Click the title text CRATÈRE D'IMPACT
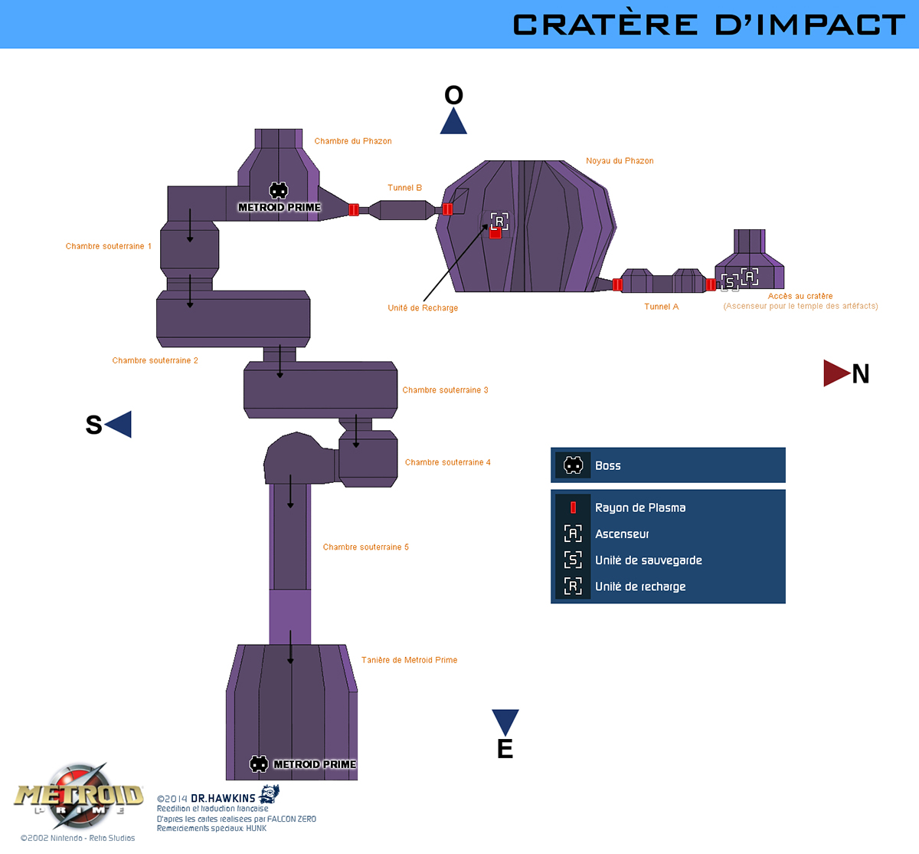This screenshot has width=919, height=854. coord(708,25)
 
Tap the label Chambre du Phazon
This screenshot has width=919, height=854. coord(353,141)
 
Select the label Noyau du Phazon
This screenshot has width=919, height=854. coord(620,161)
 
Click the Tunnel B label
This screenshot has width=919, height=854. coord(404,188)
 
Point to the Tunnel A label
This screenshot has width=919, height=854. coord(661,307)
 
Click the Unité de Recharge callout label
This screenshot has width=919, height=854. coord(423,308)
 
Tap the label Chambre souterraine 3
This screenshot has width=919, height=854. coord(445,390)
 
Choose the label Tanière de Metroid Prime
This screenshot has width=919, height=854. coord(409,660)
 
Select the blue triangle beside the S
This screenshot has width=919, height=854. coord(120,424)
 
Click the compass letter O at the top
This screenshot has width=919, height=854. coord(453,95)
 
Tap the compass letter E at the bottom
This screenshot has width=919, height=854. coord(505,749)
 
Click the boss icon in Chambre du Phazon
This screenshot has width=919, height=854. coord(279,190)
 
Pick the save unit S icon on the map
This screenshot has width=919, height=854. coord(730,282)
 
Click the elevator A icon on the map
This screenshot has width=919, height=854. coord(750,275)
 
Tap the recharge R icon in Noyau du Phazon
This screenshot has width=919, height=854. coord(499,222)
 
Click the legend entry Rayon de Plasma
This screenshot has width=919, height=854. coord(640,507)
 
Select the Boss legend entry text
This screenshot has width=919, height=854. coord(607,465)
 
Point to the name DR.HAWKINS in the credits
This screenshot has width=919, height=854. coord(223,798)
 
